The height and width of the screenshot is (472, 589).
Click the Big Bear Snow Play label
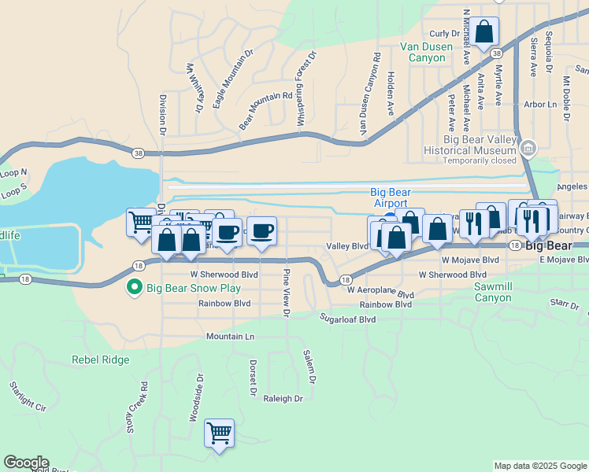coord(193,288)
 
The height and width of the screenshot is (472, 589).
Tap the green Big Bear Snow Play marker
coord(135,288)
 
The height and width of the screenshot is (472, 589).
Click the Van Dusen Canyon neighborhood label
coord(426,52)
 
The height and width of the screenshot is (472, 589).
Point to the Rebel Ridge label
coord(100,360)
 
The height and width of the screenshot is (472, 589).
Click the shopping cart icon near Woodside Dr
coord(219,432)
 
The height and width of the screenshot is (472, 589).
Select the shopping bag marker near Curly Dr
coord(485,32)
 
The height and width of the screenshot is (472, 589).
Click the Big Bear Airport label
coord(391,197)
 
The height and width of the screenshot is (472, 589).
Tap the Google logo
coord(26,463)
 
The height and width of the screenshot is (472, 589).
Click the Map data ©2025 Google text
coord(539,466)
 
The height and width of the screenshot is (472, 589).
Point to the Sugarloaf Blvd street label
coord(346,319)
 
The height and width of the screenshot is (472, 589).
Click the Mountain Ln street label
coord(231,336)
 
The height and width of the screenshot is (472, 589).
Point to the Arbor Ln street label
coord(539,104)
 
